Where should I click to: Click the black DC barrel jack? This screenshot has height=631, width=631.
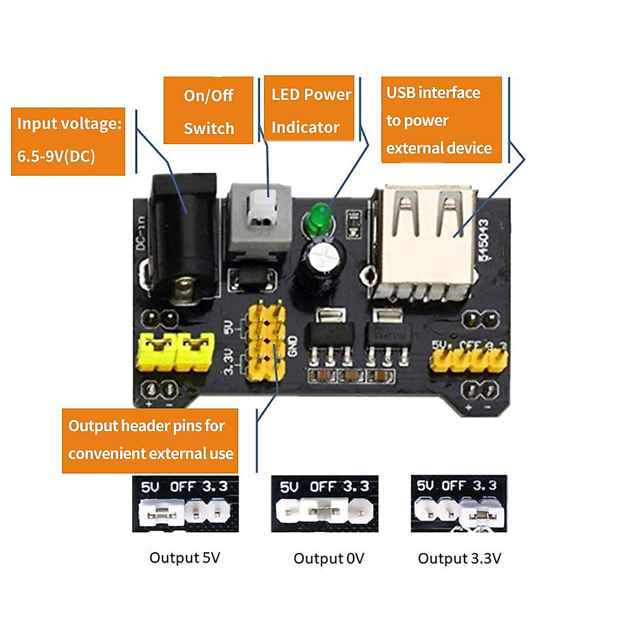pos(183,237)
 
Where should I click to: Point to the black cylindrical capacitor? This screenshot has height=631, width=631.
pos(322,263)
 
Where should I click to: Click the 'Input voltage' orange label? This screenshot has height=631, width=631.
pos(68,141)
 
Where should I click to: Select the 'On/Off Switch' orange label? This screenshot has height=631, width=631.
pos(208,110)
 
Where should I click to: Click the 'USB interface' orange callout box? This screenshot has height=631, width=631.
pos(441,120)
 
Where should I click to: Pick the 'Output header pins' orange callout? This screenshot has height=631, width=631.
pos(150,440)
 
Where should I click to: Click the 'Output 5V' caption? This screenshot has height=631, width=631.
pos(185,557)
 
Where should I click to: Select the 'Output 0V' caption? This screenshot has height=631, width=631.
pos(329,558)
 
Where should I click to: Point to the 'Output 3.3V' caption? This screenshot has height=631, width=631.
pos(459,558)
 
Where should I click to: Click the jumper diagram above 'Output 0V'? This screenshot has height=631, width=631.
pos(324,503)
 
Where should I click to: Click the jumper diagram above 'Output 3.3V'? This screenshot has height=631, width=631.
pos(459,503)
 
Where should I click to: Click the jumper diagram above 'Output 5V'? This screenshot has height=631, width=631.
pos(185,504)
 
